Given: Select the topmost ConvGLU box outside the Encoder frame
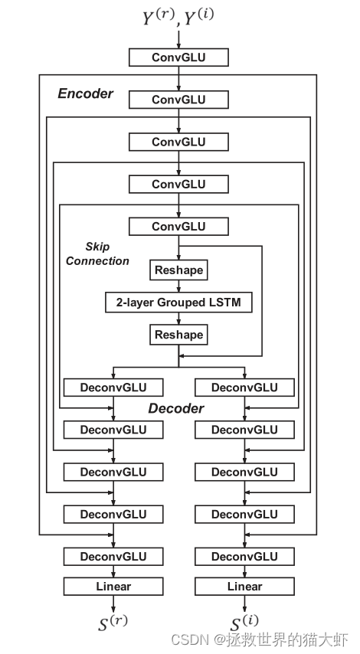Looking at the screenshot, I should [x=178, y=57].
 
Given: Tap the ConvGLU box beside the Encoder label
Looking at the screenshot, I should [x=178, y=100].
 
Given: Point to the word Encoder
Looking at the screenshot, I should [x=86, y=94].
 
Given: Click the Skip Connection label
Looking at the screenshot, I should [x=97, y=254].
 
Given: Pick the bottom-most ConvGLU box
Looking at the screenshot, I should [x=178, y=226].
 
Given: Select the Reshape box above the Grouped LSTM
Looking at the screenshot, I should [x=178, y=270].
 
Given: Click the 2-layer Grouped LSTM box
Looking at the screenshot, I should [x=178, y=302].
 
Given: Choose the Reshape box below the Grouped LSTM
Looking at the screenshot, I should [x=178, y=335].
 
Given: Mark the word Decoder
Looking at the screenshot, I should [x=176, y=408].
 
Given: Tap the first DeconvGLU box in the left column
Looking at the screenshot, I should [x=113, y=387].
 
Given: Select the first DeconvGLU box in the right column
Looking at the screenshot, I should [x=245, y=387].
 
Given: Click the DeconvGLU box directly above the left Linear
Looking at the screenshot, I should [x=113, y=556].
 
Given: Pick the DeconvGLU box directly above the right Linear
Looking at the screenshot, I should [x=245, y=556].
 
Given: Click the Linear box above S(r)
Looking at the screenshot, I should [x=113, y=587].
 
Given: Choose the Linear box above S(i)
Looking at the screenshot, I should [x=245, y=587].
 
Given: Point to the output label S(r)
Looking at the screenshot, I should [x=113, y=623].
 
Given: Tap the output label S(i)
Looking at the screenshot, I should [x=245, y=623].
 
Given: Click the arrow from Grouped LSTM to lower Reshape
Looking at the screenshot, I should [x=178, y=319].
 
